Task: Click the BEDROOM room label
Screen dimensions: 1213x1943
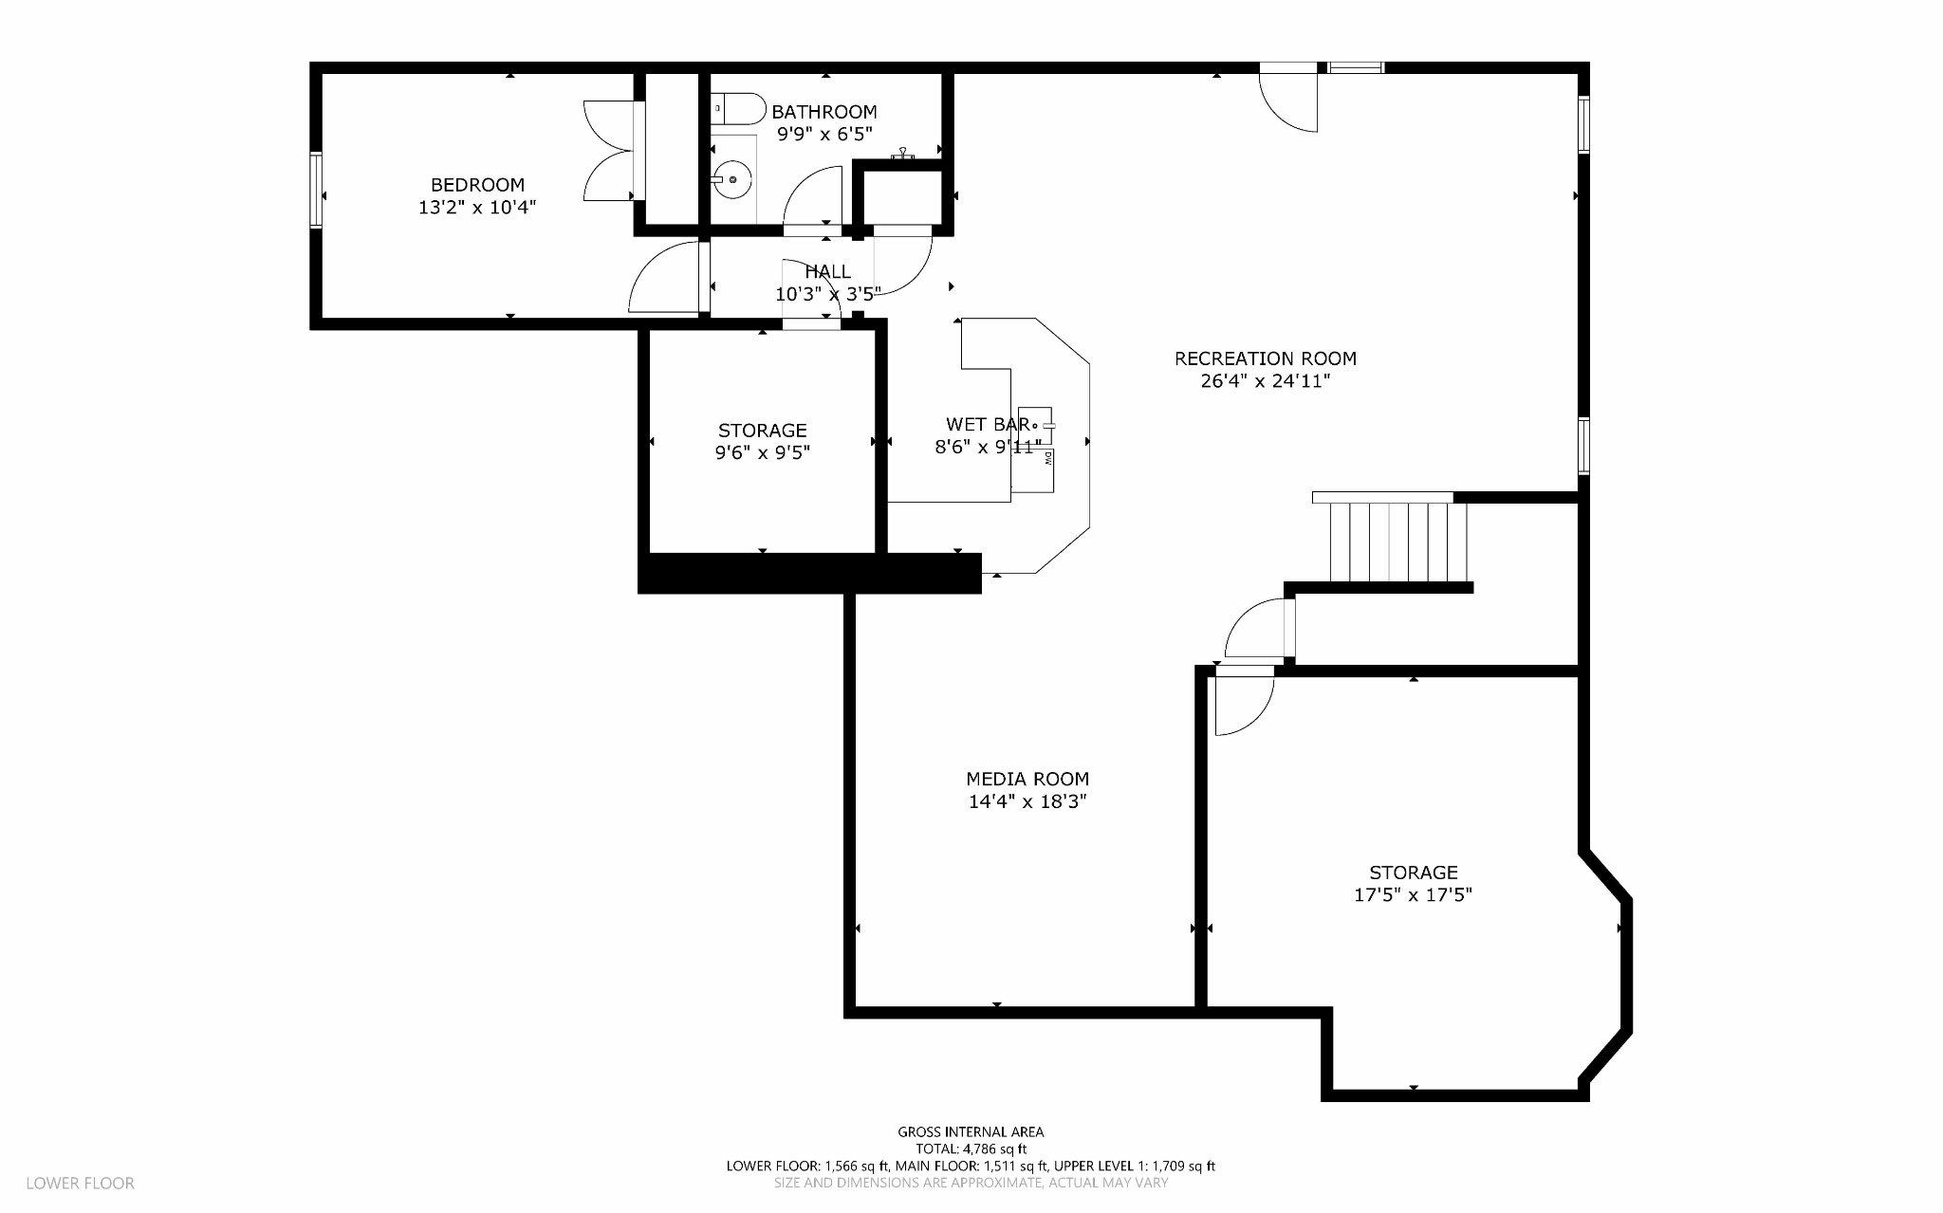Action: coord(477,185)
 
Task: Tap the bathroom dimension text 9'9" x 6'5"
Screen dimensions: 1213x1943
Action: coord(823,135)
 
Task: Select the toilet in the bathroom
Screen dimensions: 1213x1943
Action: coord(739,109)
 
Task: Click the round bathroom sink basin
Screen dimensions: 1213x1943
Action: coord(732,178)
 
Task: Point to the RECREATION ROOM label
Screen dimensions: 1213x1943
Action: coord(1265,358)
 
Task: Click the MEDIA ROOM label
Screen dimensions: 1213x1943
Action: coord(1027,779)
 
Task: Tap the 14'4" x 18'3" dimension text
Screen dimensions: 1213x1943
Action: coord(1027,801)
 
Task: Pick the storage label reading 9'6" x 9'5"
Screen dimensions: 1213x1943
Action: coord(762,452)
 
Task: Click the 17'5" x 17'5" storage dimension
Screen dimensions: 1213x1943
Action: coord(1413,894)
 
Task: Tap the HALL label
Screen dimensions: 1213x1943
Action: coord(827,272)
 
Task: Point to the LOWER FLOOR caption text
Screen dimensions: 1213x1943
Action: coord(80,1183)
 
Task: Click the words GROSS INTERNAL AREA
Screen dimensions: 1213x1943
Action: coord(971,1131)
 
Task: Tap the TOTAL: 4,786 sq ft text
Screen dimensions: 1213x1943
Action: coord(971,1149)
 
